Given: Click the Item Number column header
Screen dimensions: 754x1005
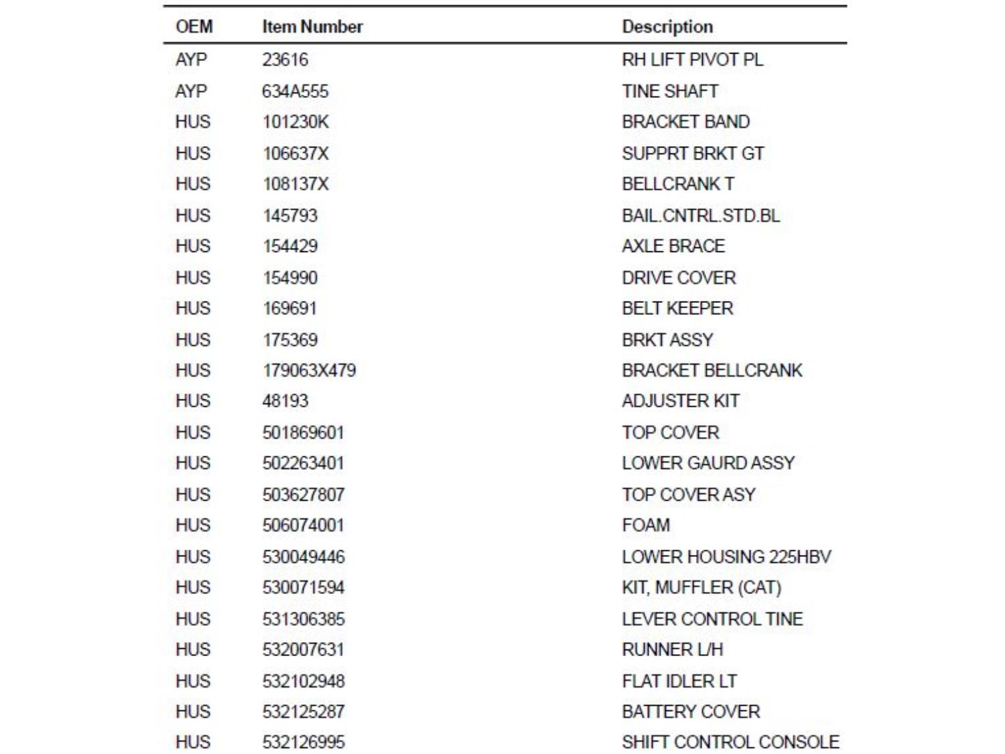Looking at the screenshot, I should [312, 27].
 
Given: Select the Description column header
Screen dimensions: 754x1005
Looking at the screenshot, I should [667, 27].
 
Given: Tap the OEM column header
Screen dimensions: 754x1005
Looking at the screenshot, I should [194, 27].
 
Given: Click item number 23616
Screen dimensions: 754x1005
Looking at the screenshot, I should [285, 60].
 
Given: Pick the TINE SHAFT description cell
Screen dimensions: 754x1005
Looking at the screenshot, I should [670, 91].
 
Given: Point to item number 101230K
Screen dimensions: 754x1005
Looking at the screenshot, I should [295, 122].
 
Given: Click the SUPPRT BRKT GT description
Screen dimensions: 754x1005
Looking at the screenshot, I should [693, 153].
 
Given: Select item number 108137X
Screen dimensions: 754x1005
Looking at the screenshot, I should [295, 184].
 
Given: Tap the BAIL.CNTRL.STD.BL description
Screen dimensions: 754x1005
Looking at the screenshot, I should [701, 216].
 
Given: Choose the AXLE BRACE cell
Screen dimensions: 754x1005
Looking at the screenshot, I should [673, 246].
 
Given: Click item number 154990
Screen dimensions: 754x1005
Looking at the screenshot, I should [290, 277].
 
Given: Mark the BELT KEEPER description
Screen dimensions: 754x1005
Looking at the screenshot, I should [677, 308].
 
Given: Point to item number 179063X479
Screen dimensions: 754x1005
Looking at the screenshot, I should [309, 371].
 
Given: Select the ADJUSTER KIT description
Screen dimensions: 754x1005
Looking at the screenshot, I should [681, 401].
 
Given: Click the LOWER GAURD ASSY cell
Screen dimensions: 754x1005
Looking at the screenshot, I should [708, 463].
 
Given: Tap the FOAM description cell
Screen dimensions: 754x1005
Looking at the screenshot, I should [646, 525].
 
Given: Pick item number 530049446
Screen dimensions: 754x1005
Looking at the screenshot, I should [304, 557].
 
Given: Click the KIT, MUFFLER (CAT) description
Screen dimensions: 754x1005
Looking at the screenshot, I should [701, 588].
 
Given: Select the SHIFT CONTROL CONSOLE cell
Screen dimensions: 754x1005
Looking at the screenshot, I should [730, 742].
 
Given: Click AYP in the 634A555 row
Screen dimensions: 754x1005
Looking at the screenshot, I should [191, 91].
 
